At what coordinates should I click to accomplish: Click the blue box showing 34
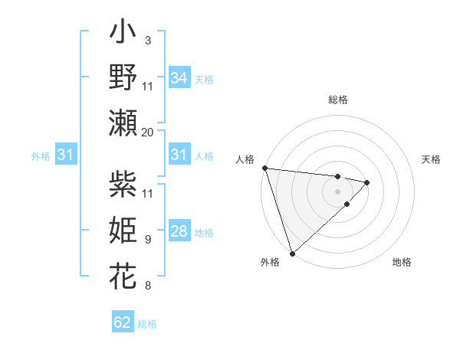pos(179,78)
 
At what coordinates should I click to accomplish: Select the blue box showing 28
pos(179,231)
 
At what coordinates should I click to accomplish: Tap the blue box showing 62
pos(123,322)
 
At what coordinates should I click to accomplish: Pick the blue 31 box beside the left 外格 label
pos(66,155)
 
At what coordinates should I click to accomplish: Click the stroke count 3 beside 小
pos(147,40)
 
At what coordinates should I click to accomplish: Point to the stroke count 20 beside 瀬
pos(147,132)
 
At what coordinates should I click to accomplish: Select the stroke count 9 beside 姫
pos(147,239)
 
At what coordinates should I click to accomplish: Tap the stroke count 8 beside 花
pos(147,286)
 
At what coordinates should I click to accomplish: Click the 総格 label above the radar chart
pos(338,100)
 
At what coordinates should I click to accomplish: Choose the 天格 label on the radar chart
pos(431,159)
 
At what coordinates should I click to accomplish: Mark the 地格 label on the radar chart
pos(402,262)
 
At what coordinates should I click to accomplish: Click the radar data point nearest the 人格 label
pos(264,168)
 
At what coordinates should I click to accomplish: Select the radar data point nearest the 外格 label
pos(292,253)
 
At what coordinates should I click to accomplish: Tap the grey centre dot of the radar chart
pos(338,191)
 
